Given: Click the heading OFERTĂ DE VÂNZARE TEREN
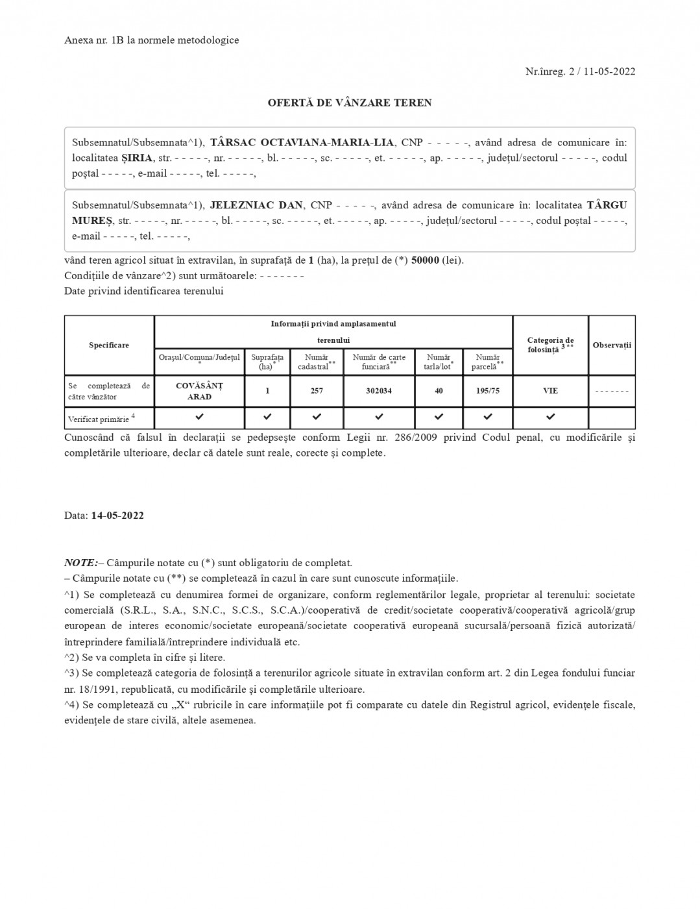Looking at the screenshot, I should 350,103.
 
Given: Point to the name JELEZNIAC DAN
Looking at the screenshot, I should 256,205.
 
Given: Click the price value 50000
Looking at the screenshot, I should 425,260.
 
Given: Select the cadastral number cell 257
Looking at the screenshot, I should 317,391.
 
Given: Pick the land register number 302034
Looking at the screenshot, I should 379,391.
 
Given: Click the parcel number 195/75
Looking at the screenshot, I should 488,391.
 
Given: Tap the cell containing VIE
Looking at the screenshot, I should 550,391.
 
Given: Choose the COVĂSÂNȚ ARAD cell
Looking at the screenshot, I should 199,391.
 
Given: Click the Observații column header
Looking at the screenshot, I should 612,345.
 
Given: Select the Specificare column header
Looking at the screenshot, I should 109,345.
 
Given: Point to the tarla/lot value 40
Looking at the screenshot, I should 439,391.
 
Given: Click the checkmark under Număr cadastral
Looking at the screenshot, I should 317,417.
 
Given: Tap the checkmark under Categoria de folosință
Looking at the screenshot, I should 550,417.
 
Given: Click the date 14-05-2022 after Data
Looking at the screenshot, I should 117,516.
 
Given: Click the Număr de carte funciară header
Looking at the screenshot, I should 379,362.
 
